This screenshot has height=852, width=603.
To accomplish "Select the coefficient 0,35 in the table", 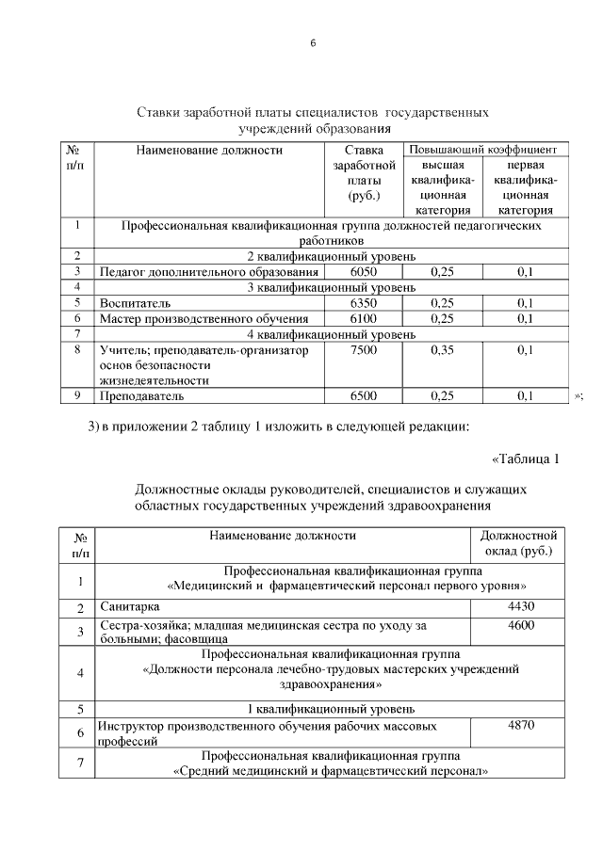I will click(x=442, y=350).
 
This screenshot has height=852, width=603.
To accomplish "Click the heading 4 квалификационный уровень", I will click(x=331, y=334).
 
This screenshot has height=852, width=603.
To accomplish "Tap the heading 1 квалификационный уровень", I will click(x=331, y=709).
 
